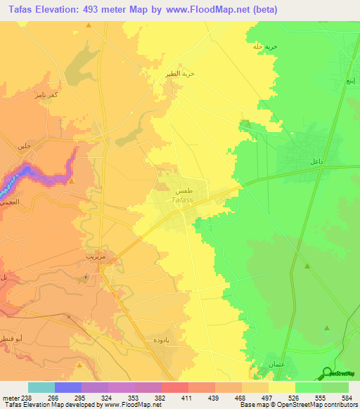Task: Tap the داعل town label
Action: coord(316,162)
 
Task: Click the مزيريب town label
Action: coord(94,257)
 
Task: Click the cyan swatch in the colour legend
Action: coord(41,387)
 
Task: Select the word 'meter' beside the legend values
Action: coord(10,396)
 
